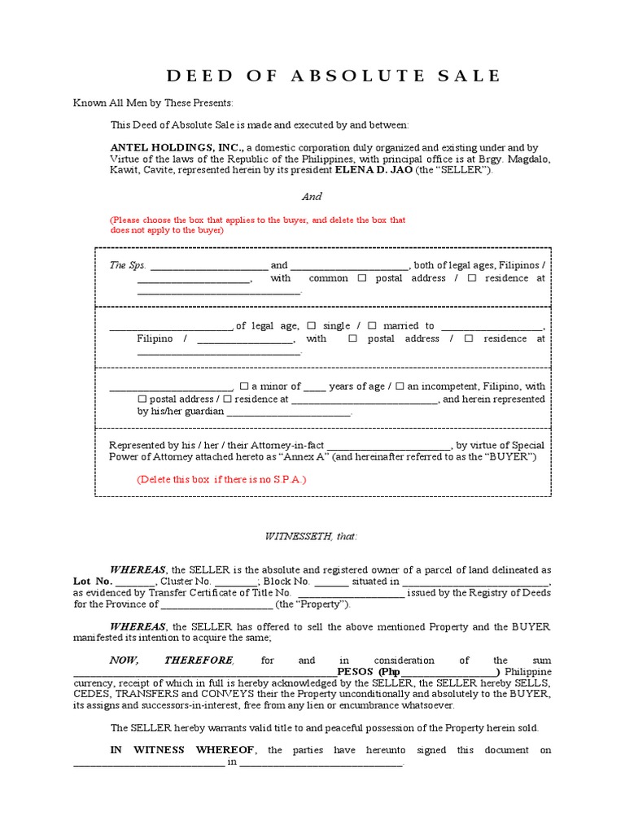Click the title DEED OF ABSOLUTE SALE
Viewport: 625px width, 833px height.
click(334, 76)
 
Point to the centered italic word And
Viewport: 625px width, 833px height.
click(312, 196)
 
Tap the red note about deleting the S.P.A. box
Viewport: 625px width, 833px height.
click(221, 479)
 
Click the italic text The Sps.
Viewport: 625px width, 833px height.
click(128, 265)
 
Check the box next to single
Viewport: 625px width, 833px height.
click(312, 325)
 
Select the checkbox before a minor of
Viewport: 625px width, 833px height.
click(243, 386)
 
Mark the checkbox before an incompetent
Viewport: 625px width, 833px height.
click(400, 386)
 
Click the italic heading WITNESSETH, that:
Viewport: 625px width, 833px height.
click(312, 536)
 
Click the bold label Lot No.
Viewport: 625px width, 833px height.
click(93, 582)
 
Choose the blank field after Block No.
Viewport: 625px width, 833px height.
click(331, 582)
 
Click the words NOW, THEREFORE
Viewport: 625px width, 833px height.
click(172, 660)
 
